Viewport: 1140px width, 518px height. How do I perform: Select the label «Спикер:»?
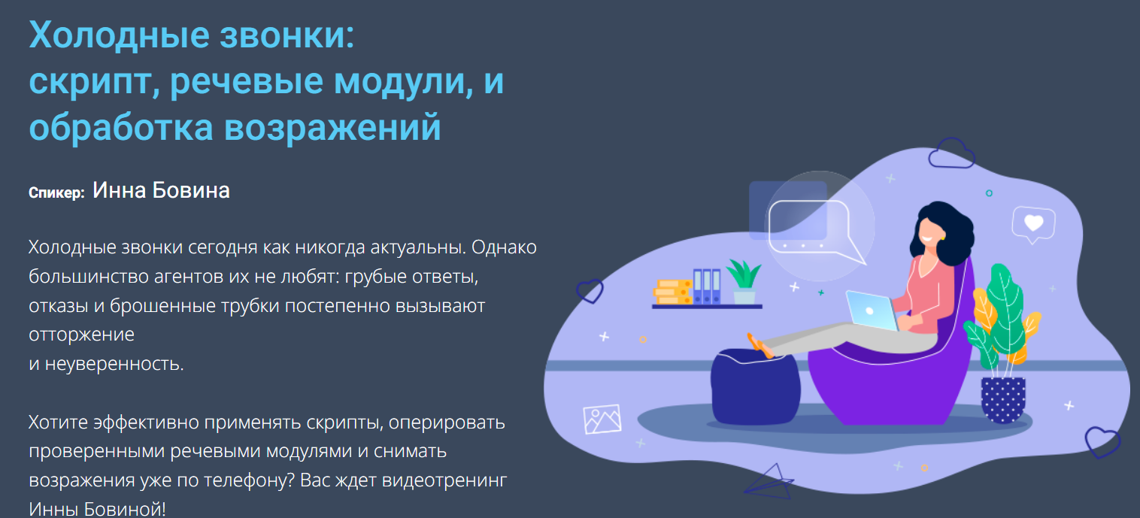[x=56, y=193]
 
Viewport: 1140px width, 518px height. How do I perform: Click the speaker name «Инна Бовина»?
[x=161, y=191]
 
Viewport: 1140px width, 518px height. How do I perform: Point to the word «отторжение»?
[x=81, y=334]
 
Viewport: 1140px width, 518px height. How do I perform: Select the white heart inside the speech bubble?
[x=1034, y=223]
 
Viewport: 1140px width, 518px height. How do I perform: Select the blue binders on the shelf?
[x=707, y=286]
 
